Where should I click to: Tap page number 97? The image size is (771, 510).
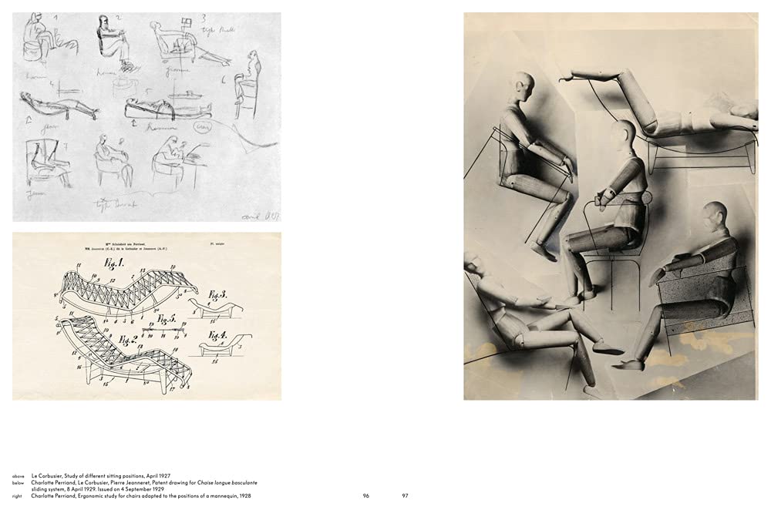[x=406, y=495]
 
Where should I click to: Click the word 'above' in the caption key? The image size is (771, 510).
[x=18, y=477]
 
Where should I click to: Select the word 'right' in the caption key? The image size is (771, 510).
[x=17, y=496]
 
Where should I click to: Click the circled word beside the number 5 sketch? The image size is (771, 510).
[x=204, y=126]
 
